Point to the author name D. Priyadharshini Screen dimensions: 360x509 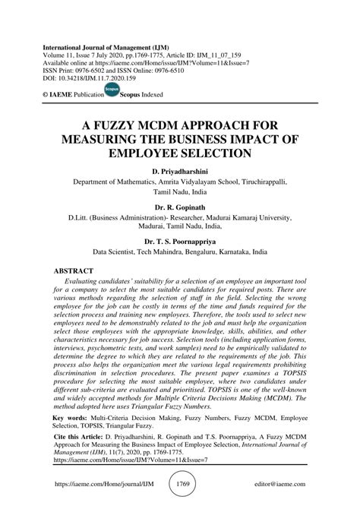point(179,172)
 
